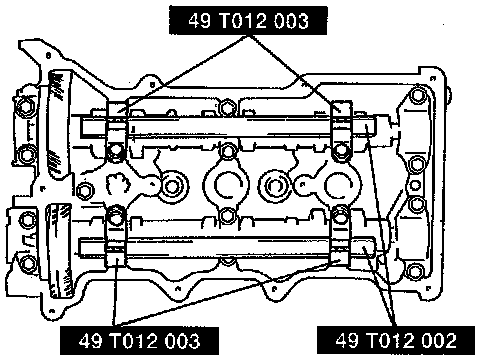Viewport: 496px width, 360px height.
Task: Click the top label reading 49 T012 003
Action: tap(248, 20)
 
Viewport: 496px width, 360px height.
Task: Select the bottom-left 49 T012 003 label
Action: tap(139, 341)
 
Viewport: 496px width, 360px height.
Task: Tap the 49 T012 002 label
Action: tap(396, 340)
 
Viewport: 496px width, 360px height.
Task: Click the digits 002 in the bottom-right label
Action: tap(439, 340)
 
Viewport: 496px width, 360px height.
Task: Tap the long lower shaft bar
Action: tap(228, 247)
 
